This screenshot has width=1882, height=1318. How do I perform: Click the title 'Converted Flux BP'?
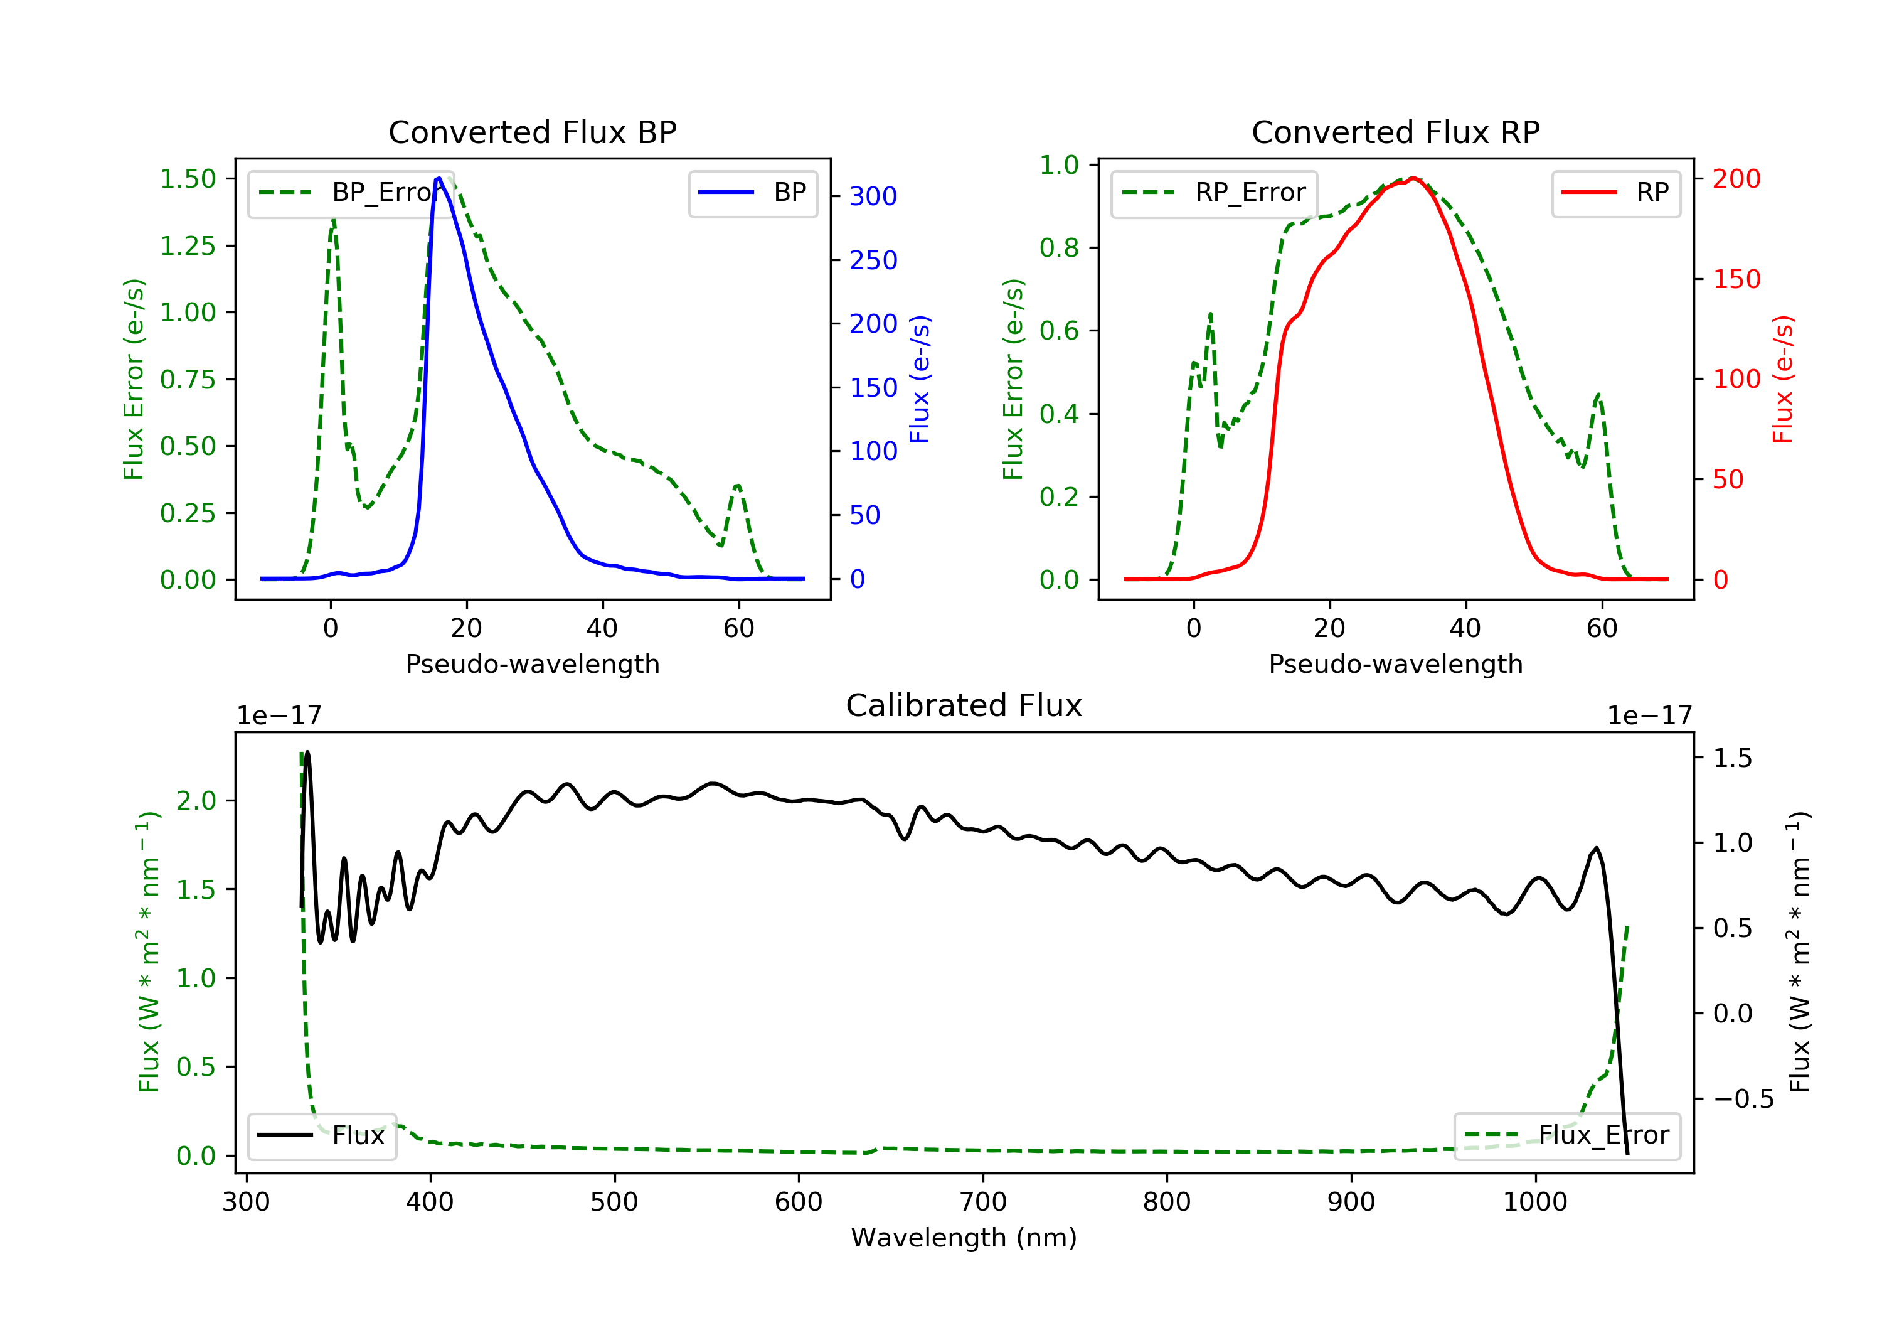click(x=532, y=132)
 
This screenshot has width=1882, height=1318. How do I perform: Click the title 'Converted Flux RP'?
click(x=1395, y=132)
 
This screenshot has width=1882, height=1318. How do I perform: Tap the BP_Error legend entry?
click(x=344, y=193)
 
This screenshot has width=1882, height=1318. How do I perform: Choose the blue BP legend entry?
click(x=752, y=193)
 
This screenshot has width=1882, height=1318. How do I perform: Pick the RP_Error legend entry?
click(x=1213, y=193)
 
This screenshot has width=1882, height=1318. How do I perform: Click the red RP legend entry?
click(x=1615, y=193)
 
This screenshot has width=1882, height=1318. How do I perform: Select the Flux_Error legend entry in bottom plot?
click(x=1566, y=1135)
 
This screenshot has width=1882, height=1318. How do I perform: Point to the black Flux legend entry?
click(x=321, y=1135)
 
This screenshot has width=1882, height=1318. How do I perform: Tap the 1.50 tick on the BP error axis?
click(x=188, y=179)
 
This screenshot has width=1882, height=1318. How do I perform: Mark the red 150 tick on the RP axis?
click(x=1736, y=279)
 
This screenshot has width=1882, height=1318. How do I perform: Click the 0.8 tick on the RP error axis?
click(x=1059, y=248)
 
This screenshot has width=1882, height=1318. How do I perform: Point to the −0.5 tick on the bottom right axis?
click(x=1743, y=1099)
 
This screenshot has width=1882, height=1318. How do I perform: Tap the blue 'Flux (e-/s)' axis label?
click(x=920, y=379)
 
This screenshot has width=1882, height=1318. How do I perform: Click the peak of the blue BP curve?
click(x=439, y=178)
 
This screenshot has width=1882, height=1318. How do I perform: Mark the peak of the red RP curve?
click(x=1414, y=178)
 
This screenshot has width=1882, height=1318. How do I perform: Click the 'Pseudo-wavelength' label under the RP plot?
click(x=1395, y=663)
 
